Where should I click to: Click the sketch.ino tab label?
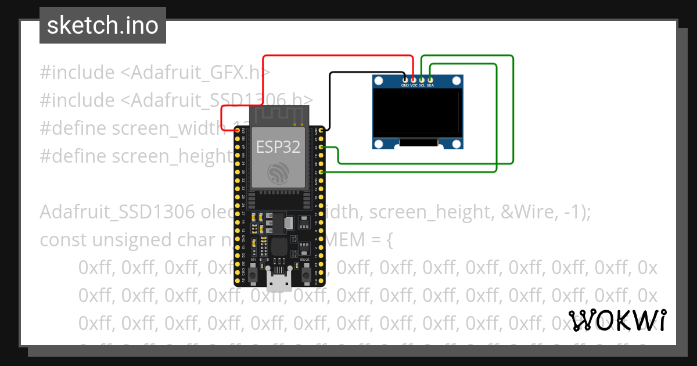pos(102,26)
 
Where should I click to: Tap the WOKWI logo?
pos(617,320)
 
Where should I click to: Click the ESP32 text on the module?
pos(278,147)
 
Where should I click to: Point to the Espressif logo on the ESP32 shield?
pos(278,174)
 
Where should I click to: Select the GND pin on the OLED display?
pos(405,79)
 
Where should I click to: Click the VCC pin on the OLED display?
pos(414,79)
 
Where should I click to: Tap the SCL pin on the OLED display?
pos(422,79)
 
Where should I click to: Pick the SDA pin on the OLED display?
pos(430,79)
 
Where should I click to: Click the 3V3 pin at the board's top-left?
pos(237,131)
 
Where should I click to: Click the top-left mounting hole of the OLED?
pos(379,82)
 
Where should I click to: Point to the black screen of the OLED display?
pos(418,113)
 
